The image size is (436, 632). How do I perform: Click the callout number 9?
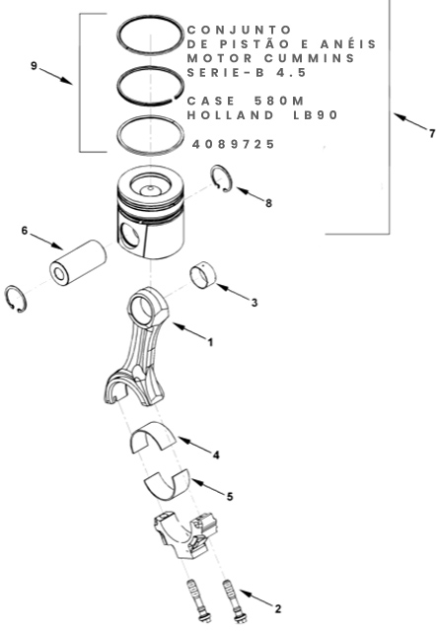pos(34,65)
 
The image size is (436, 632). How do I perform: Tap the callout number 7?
pos(432,133)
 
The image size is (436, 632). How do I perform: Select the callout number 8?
pos(268,203)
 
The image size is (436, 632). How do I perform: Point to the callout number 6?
pos(25,231)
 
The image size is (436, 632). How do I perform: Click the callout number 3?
pos(254,303)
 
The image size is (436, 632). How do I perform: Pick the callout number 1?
pos(210,342)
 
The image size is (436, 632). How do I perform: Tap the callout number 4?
pos(216,456)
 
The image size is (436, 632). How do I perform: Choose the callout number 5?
pos(230,497)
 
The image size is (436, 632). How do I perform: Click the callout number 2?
pos(277,608)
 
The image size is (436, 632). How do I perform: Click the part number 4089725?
pos(234,144)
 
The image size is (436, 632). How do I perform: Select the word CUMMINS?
pos(310,58)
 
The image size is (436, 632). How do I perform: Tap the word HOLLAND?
pos(230,115)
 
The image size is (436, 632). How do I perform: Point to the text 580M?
pos(279,101)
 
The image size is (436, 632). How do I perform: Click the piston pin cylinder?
pos(78,263)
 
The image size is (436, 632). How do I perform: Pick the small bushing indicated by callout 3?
pos(203,275)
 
